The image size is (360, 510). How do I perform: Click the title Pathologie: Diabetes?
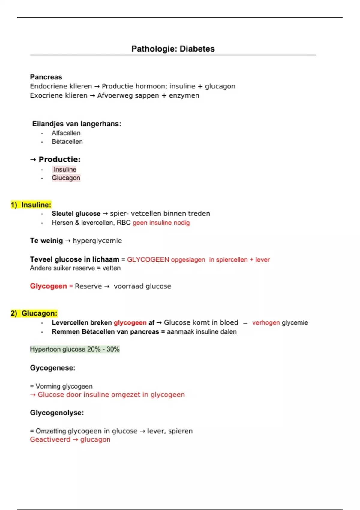pos(173,49)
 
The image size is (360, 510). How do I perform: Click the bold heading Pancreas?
pos(46,77)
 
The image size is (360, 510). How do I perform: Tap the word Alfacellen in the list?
pos(66,133)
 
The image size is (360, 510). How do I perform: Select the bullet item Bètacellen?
pos(67,142)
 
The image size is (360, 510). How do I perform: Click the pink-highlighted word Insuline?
pos(65,169)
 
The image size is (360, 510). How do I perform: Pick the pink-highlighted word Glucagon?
pos(66,178)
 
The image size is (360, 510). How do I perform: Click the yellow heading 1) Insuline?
pos(31,205)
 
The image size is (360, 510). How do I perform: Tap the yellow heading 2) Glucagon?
pos(34,313)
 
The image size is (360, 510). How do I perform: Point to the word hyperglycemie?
pos(97,241)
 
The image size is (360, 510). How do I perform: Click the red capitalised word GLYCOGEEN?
pos(148,259)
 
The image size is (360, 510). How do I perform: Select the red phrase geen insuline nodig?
pos(161,223)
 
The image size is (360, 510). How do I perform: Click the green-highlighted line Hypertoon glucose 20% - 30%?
pos(75,349)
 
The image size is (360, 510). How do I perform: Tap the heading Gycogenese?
pos(52,368)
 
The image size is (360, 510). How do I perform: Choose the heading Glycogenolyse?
pos(57,413)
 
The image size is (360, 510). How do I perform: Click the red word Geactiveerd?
pos(50,439)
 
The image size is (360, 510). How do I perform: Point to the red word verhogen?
pos(266,323)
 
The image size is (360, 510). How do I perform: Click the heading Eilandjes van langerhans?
pos(76,124)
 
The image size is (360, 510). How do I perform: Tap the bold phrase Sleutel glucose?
pos(76,214)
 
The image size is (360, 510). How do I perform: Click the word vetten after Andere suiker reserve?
pos(112,268)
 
